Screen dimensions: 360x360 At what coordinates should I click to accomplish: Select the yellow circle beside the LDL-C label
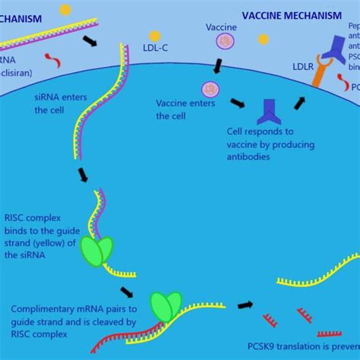(155, 36)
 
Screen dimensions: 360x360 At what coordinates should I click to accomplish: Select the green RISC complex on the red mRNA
(166, 305)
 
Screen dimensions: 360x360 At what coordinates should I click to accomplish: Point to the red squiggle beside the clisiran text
(50, 58)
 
